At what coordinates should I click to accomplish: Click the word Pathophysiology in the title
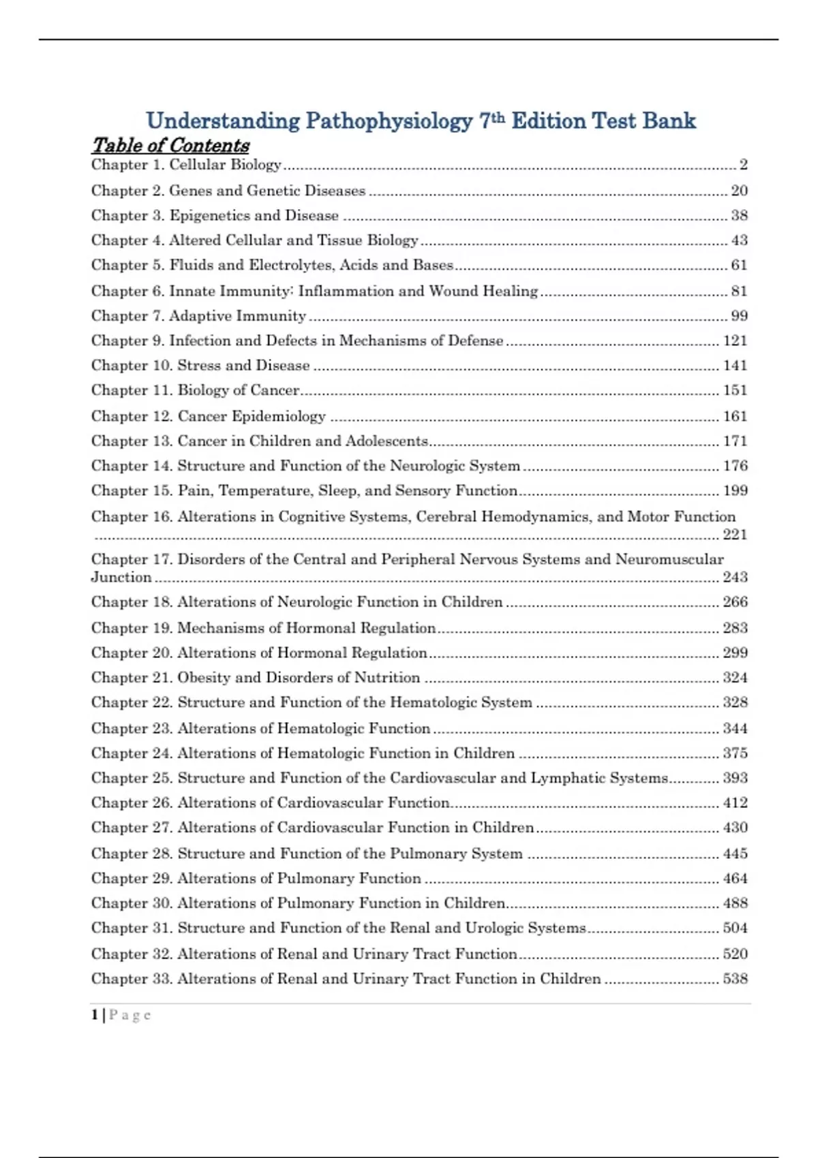pos(389,121)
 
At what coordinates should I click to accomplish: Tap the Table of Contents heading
pos(170,145)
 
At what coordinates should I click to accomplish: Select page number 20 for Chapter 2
pos(739,191)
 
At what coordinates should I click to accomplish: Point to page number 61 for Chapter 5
pos(739,265)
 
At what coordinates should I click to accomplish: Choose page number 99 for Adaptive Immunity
pos(739,316)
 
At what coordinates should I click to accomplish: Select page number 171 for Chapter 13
pos(735,441)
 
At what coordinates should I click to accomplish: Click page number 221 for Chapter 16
pos(735,535)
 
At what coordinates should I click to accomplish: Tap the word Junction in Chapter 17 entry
pos(121,577)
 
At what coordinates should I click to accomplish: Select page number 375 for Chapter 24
pos(735,753)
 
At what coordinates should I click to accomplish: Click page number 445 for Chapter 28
pos(735,854)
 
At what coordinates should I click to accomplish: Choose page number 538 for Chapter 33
pos(735,979)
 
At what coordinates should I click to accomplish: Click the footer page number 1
pos(95,1015)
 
